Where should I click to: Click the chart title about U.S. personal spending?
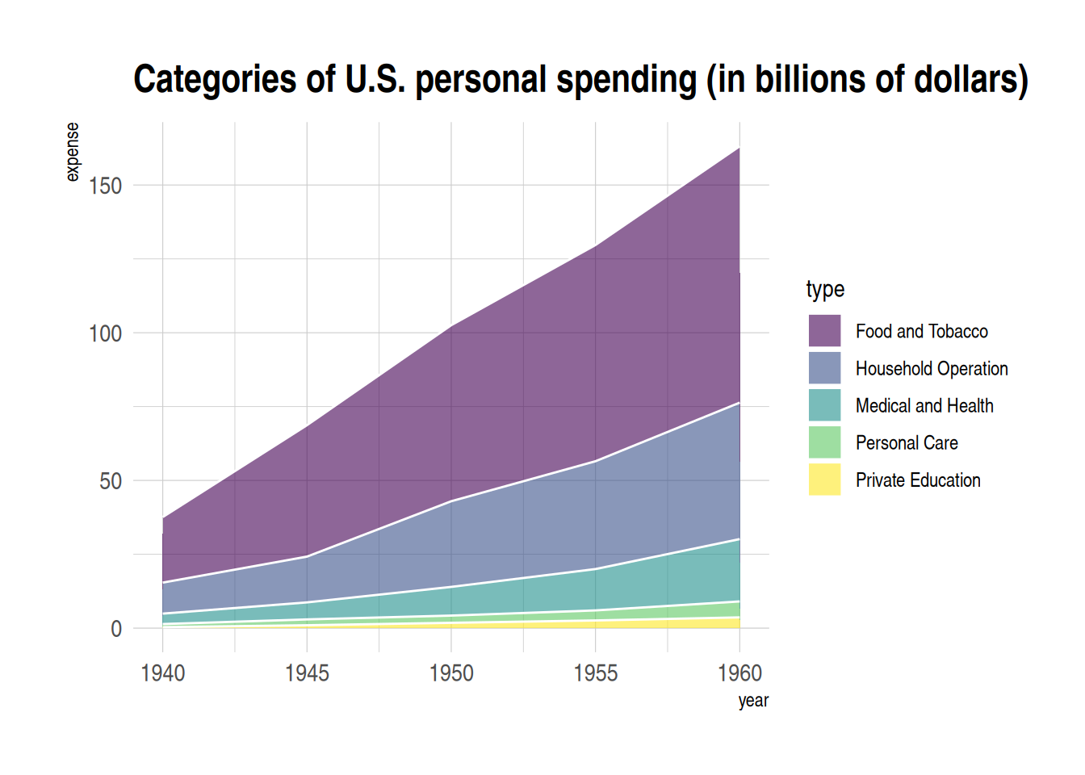tap(580, 80)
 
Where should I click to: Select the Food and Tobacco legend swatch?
tap(824, 331)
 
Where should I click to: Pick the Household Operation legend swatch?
tap(824, 368)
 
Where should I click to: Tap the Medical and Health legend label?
tap(924, 406)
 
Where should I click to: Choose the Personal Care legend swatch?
tap(824, 442)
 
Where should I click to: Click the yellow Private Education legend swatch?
tap(824, 480)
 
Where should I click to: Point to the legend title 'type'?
tap(825, 289)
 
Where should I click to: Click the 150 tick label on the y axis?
tap(105, 186)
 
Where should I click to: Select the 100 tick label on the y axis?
tap(105, 333)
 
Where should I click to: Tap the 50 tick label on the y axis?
tap(111, 481)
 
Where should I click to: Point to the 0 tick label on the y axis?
tap(116, 629)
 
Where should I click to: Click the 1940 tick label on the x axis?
tap(163, 673)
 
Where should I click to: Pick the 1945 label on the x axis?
tap(307, 673)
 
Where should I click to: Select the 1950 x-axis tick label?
tap(451, 673)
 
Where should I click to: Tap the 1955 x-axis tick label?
tap(596, 673)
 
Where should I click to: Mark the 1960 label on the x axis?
tap(739, 673)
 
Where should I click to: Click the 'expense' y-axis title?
tap(73, 152)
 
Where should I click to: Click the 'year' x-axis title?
tap(753, 701)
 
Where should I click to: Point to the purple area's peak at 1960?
tap(739, 149)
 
